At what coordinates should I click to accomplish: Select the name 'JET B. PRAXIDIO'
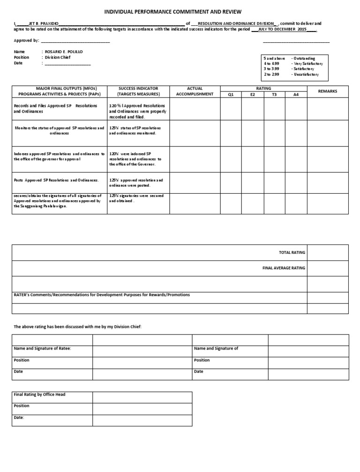click(x=44, y=23)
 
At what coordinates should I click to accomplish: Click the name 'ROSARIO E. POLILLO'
click(x=64, y=52)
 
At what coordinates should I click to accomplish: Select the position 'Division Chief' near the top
click(x=58, y=57)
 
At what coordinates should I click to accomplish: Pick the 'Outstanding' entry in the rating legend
click(x=304, y=58)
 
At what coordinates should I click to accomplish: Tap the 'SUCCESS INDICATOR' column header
click(x=138, y=88)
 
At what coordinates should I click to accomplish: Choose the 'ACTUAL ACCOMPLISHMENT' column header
click(x=195, y=91)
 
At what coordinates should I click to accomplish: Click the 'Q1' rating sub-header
click(x=231, y=94)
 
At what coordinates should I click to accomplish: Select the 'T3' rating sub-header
click(x=274, y=94)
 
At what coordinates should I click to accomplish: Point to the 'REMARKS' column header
click(x=328, y=91)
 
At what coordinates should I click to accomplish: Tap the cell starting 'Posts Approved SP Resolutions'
click(x=57, y=180)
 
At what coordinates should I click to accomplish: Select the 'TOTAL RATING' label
click(x=292, y=252)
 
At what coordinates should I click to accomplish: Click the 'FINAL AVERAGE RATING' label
click(x=284, y=268)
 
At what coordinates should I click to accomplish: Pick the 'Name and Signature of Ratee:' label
click(x=43, y=349)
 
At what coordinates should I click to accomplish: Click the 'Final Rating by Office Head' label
click(x=40, y=395)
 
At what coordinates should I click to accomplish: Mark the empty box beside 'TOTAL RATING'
click(x=328, y=252)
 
